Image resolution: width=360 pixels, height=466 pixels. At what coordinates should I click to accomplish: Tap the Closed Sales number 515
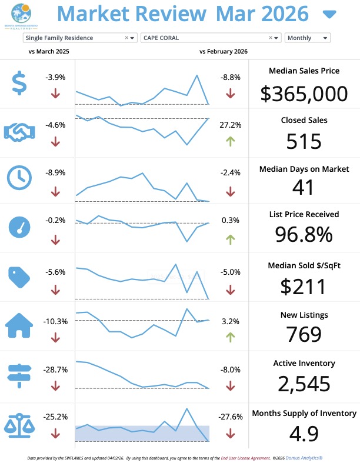click(304, 141)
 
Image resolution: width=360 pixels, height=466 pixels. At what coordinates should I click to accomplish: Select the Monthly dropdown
click(307, 38)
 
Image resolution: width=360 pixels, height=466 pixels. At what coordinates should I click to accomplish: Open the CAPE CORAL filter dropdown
click(211, 38)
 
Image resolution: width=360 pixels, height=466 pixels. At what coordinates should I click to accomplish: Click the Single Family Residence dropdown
click(80, 38)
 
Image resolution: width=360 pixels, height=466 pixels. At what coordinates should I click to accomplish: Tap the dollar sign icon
click(19, 83)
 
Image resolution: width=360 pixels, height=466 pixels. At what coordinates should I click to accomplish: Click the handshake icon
click(19, 131)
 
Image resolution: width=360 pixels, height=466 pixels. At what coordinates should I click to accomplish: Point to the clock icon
click(19, 177)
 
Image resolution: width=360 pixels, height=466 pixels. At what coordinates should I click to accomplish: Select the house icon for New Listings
click(19, 324)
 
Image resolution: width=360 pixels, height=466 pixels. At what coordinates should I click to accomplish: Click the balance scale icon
click(19, 424)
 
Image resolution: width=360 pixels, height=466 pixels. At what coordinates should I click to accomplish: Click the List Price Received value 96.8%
click(304, 234)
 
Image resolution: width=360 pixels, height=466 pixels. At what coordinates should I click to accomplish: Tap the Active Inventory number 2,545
click(304, 384)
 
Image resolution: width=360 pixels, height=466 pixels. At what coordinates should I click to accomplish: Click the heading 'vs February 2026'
click(224, 52)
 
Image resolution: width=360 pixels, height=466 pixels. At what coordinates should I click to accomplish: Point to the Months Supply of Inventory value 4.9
click(304, 434)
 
